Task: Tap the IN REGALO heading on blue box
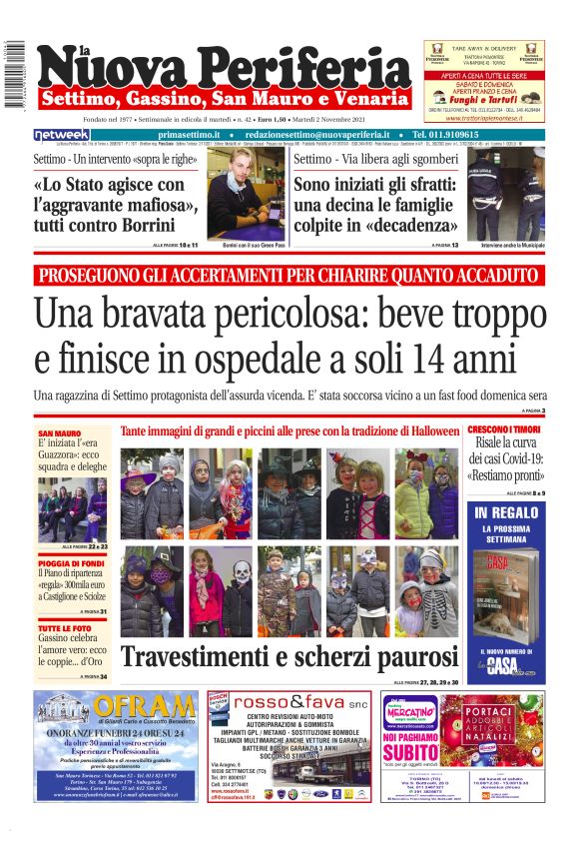[x=507, y=512]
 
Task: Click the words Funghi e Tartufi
[x=483, y=100]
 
